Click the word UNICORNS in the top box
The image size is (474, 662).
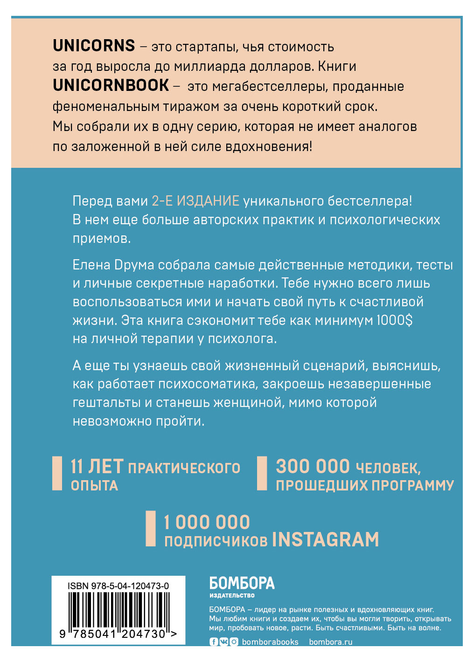click(x=94, y=46)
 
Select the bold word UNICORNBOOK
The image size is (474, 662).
click(x=111, y=86)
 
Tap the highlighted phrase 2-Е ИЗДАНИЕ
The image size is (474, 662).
click(x=195, y=201)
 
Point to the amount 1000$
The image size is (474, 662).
click(x=395, y=321)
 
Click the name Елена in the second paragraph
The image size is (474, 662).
click(x=91, y=265)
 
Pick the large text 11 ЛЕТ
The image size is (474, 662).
click(x=97, y=467)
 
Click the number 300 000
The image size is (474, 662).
click(x=313, y=467)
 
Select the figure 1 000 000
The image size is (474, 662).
click(x=207, y=522)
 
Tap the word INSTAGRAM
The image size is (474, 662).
click(x=325, y=540)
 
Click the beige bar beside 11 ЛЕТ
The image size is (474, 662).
click(x=57, y=473)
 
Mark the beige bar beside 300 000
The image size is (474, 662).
click(x=262, y=473)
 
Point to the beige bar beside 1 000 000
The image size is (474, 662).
click(x=150, y=529)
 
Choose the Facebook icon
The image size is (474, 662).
click(x=214, y=642)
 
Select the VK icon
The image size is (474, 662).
click(x=223, y=642)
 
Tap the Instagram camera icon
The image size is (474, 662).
click(x=234, y=642)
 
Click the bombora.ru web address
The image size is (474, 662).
click(x=330, y=642)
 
